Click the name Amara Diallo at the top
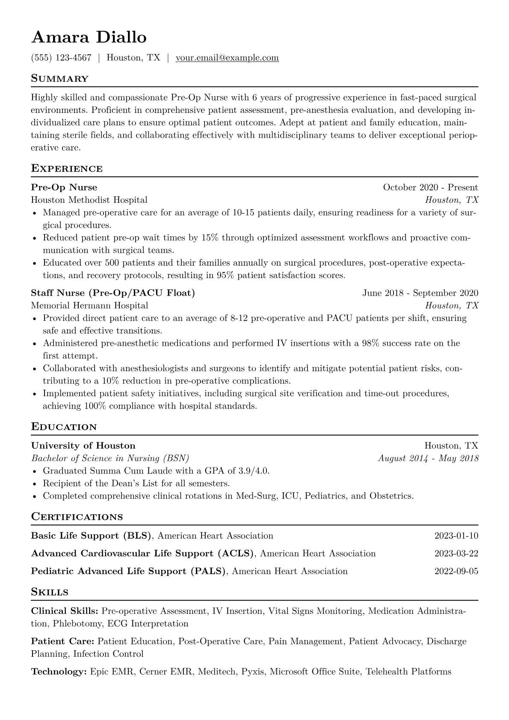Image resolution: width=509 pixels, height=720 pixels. (x=89, y=38)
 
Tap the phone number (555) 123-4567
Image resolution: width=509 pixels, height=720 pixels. (x=61, y=58)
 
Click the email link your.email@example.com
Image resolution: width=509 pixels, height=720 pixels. (x=227, y=58)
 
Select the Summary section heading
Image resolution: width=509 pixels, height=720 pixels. (x=60, y=79)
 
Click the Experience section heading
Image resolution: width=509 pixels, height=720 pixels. (x=67, y=169)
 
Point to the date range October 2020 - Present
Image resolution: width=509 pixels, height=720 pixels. (x=430, y=187)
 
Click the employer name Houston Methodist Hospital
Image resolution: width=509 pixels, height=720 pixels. (x=89, y=200)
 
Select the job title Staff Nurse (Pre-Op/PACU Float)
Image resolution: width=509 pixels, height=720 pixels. (x=113, y=293)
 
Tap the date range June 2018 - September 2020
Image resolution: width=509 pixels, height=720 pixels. (x=420, y=293)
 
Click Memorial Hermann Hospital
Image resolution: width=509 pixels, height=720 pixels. (x=89, y=305)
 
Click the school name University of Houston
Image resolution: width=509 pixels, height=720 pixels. (x=83, y=446)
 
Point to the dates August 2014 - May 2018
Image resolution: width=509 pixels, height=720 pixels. (x=428, y=458)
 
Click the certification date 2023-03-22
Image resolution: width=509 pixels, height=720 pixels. (x=456, y=554)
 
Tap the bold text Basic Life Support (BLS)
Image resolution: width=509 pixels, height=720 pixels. (x=92, y=536)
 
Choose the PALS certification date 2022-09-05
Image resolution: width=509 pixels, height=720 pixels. (x=456, y=571)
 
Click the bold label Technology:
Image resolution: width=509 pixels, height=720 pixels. (x=59, y=672)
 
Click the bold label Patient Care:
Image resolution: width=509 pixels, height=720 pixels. (x=63, y=641)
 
